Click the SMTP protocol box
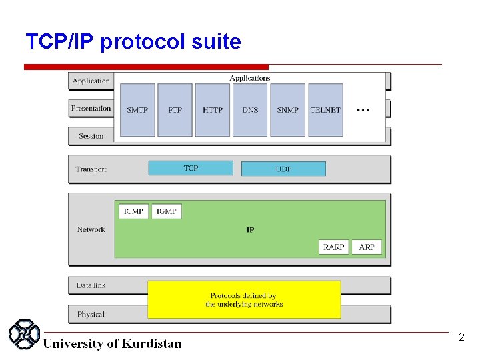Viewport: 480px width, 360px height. coord(137,110)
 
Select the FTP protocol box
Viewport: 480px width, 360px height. coord(175,110)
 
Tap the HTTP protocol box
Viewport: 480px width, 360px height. coord(213,110)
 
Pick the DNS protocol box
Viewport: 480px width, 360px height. coord(250,110)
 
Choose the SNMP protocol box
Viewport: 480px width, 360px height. coord(288,110)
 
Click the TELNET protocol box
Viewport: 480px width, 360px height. coord(325,110)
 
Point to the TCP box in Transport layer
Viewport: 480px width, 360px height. coord(191,168)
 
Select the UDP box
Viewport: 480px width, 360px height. coord(283,169)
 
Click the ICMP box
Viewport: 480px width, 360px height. coord(134,211)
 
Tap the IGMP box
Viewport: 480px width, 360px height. coord(167,211)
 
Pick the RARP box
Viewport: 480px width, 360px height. coord(333,247)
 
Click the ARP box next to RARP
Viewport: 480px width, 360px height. coord(367,247)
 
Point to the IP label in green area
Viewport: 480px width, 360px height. coord(250,230)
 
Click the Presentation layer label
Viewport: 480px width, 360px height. coord(91,108)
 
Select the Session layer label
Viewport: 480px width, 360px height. coord(91,136)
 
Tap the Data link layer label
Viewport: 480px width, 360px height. coord(91,285)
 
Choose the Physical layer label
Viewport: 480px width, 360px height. coord(91,314)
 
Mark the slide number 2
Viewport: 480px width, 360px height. coord(461,337)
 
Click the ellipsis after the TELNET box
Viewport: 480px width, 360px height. coord(363,109)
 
